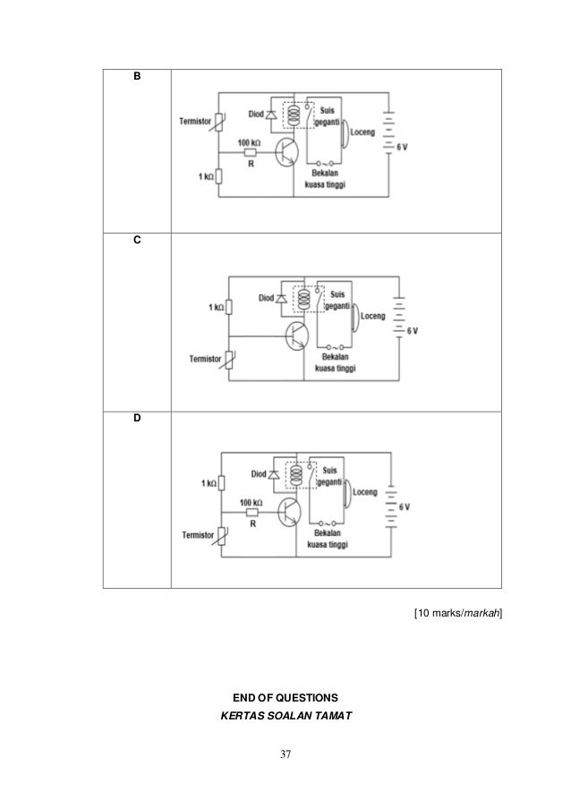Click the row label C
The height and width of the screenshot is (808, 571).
pos(136,242)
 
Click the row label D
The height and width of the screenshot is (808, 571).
pos(136,418)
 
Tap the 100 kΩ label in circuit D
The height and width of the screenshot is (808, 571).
pos(251,502)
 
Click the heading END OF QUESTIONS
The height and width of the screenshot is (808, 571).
pos(285,695)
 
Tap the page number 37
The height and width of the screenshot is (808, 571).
pos(285,754)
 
